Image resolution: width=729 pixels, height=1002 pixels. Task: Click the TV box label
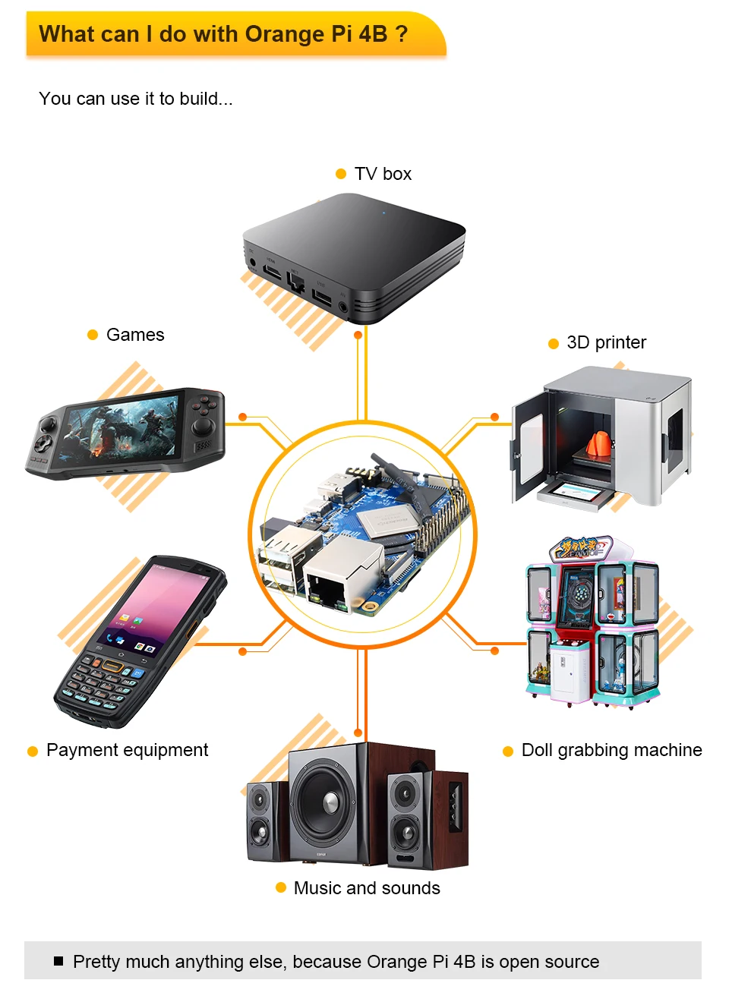coord(383,174)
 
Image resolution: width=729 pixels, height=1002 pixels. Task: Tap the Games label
coord(135,335)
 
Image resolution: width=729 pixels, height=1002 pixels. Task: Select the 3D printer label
coord(606,342)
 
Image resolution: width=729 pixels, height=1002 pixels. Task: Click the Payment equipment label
coord(127,750)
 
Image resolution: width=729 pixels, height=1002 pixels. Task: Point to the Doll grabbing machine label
coord(611,750)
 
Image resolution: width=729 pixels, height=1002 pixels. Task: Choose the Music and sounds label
coord(367,888)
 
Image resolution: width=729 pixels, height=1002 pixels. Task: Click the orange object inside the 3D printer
coord(599,444)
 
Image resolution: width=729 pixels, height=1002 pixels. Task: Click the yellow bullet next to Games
coord(93,335)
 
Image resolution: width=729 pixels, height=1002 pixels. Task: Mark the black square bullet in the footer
coord(58,961)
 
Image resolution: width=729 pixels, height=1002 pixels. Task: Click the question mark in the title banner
coord(402,34)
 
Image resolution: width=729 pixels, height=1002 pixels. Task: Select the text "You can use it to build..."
coord(136,99)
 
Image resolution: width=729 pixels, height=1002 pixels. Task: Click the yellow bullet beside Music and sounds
coord(281,887)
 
